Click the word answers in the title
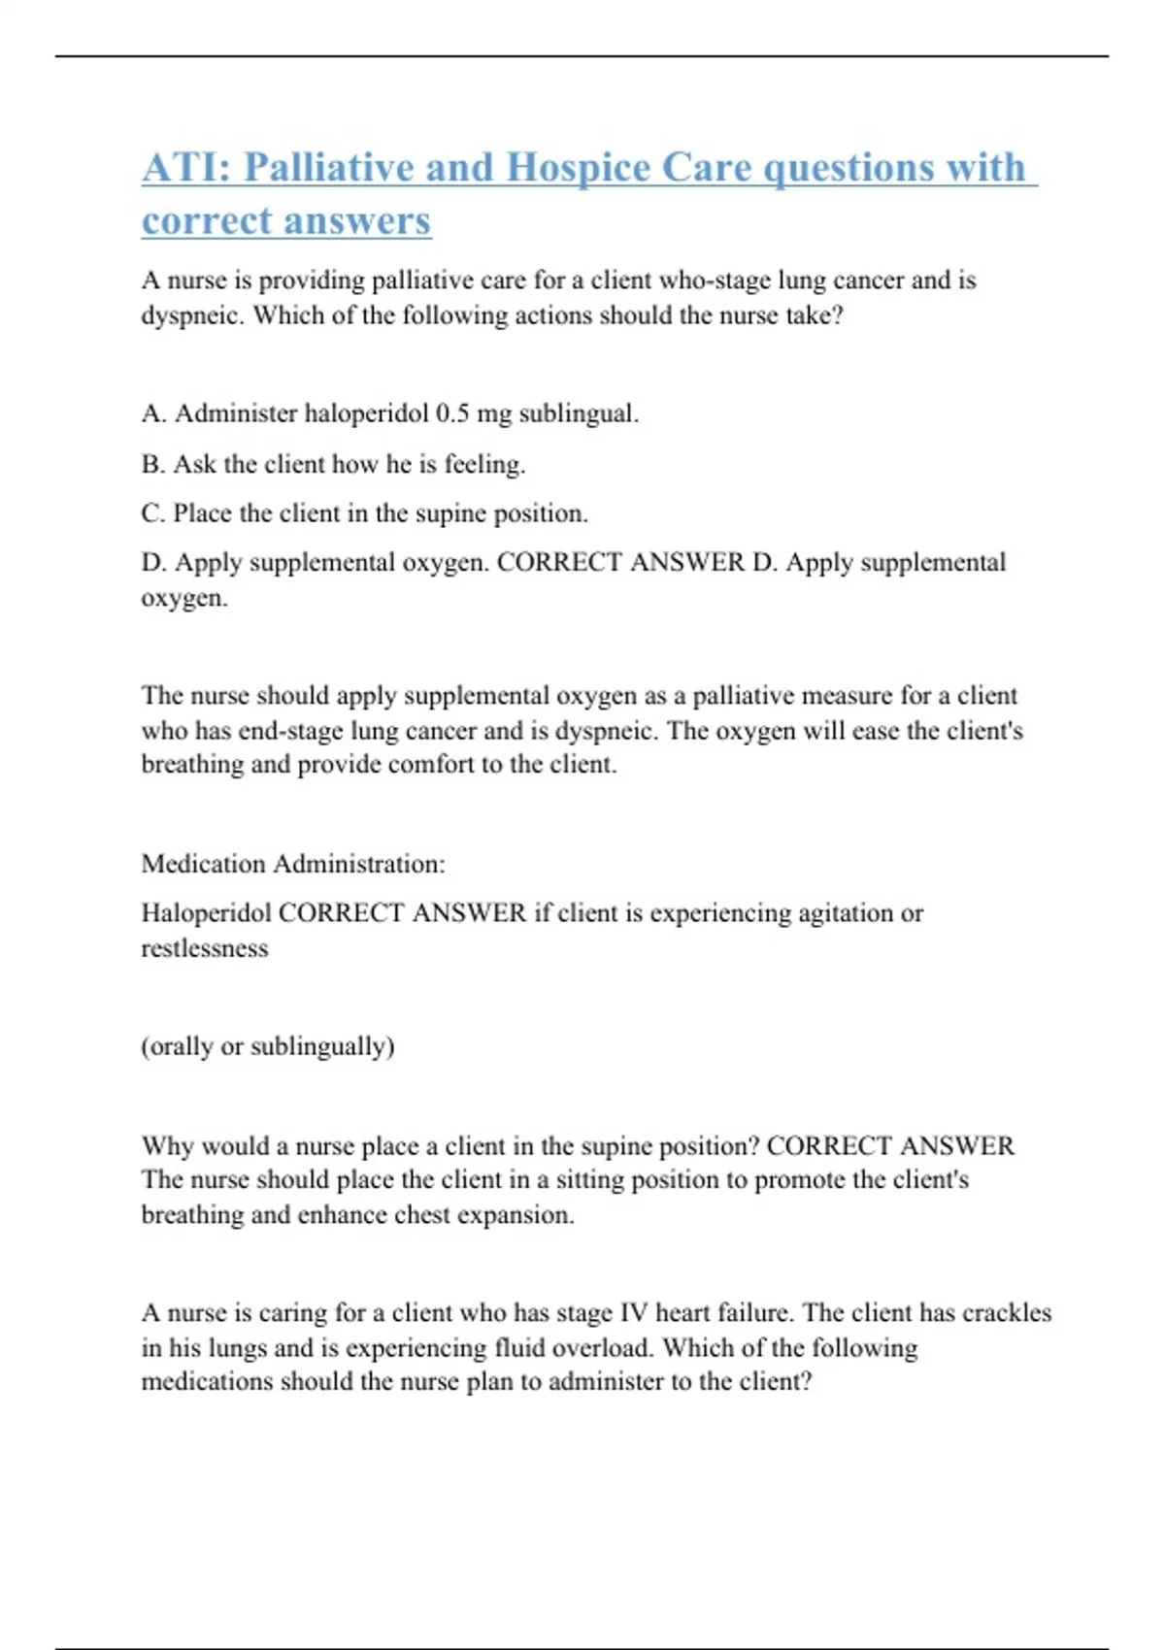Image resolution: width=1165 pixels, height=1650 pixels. (365, 220)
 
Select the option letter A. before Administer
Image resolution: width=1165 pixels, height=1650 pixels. (153, 413)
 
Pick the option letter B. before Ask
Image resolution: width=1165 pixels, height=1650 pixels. (153, 464)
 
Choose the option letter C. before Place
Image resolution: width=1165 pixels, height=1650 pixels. (153, 513)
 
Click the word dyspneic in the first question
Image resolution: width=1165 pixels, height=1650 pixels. (192, 315)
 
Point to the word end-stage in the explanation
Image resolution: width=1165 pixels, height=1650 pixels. (289, 730)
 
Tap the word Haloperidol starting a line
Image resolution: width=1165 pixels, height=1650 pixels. (206, 913)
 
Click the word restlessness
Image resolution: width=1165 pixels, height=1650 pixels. (204, 948)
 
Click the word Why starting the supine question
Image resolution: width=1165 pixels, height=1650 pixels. (166, 1146)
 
